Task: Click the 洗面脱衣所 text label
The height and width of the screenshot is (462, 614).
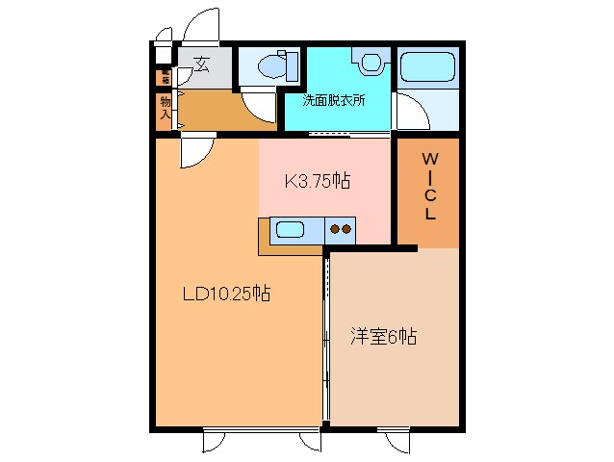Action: coord(333,100)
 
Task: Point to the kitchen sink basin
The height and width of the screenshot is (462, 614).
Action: coord(290,230)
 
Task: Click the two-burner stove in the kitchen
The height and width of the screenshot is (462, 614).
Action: coord(340,230)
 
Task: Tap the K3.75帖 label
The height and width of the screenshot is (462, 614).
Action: coord(315,180)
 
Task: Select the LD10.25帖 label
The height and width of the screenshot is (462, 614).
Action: coord(226,295)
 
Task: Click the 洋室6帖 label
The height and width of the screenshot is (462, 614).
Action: coord(382,337)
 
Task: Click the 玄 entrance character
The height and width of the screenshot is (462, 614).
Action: coord(202,64)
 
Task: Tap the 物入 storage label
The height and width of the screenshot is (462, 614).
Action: coord(166,108)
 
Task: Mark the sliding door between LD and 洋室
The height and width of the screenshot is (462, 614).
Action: coord(326,337)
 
